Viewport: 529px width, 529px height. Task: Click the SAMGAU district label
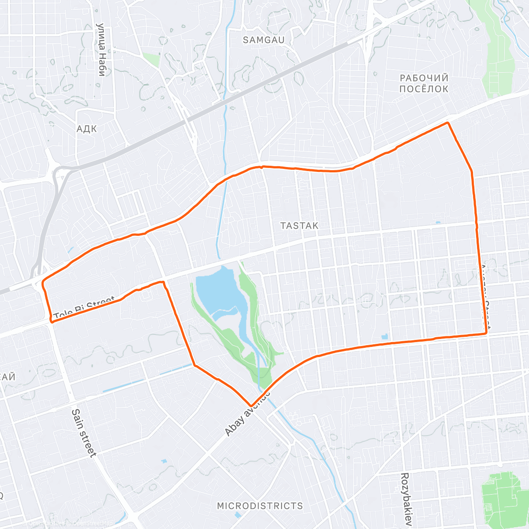(264, 40)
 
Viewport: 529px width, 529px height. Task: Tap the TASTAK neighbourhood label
(299, 226)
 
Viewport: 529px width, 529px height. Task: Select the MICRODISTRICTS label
(260, 506)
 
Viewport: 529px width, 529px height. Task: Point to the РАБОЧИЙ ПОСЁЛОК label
(424, 83)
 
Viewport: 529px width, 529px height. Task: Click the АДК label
(86, 129)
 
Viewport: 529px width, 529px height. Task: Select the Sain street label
(84, 432)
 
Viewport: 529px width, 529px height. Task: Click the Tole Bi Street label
(84, 307)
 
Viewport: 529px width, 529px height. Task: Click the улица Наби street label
(102, 50)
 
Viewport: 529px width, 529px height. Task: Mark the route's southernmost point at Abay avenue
(251, 406)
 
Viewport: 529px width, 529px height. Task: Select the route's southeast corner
(486, 333)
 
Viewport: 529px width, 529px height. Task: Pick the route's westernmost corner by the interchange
(43, 283)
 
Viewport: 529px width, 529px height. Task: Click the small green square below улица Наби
(152, 59)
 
